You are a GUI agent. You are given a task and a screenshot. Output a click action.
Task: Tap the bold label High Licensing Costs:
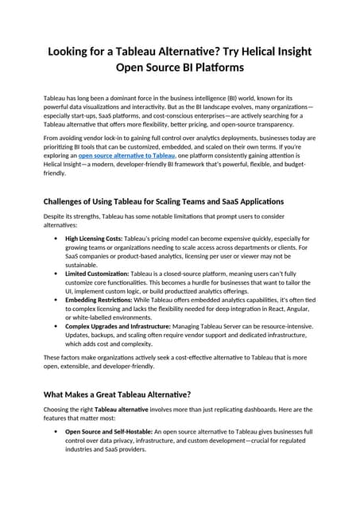[94, 238]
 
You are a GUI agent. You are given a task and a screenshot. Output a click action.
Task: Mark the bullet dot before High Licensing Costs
[55, 238]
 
